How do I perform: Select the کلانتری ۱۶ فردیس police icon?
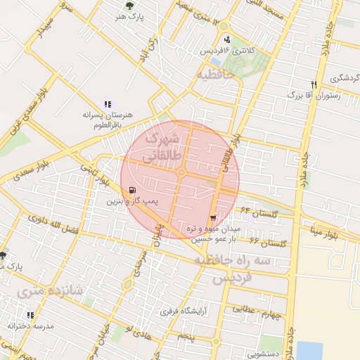click(x=226, y=39)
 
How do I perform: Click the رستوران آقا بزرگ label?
click(x=314, y=94)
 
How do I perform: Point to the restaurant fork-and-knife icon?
click(x=314, y=84)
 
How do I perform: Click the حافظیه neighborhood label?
click(x=215, y=74)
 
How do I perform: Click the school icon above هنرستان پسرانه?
click(x=108, y=103)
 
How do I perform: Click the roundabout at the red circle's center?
click(x=181, y=172)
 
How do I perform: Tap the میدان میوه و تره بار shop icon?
click(x=213, y=219)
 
